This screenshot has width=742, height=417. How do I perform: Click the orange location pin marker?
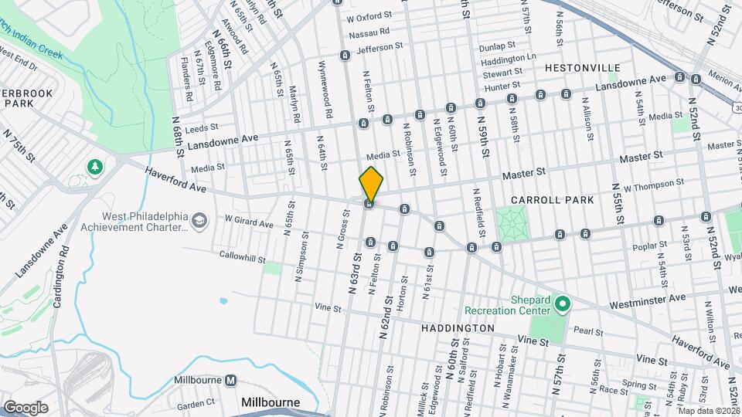click(371, 185)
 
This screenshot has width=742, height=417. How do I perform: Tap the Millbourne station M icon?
click(230, 380)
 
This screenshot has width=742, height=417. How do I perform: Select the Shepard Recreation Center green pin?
click(563, 304)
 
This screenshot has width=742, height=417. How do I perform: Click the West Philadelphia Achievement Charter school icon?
click(200, 222)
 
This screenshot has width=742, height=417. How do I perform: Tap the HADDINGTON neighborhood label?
click(458, 328)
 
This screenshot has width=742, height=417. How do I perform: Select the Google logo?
click(26, 407)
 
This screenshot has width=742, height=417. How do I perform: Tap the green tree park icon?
click(94, 167)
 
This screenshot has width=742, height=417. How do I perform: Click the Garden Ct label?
click(195, 404)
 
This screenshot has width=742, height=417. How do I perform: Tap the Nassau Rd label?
click(367, 34)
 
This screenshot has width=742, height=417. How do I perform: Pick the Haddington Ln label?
click(508, 59)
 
